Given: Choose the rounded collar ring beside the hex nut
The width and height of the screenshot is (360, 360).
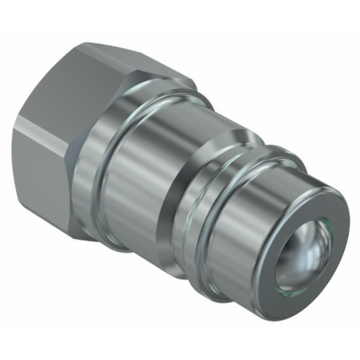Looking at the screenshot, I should [119, 127].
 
